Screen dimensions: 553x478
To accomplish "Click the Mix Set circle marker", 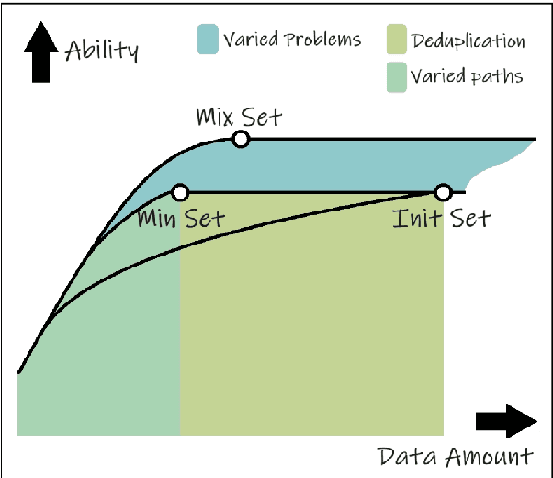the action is pos(241,140).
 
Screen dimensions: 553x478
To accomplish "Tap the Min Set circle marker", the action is pos(180,192).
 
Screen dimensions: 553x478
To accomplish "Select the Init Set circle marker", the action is pos(443,192).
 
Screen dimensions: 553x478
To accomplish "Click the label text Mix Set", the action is pos(239,118).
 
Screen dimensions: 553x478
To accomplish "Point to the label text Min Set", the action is pos(180,219).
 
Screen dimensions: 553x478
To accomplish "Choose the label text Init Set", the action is pos(441,219).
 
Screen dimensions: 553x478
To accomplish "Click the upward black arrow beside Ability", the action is pos(39,52).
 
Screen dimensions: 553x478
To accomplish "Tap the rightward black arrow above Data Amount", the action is pos(506,421).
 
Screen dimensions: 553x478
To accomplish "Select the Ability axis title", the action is pos(101,50).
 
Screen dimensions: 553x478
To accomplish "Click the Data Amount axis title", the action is pos(455,457).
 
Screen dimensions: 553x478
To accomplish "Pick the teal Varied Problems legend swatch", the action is pos(208,40).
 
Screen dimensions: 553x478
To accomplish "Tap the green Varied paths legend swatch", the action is pos(396,76).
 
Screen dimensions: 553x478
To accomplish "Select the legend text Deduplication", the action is pos(468,41).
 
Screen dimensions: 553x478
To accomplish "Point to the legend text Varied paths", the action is pos(467,76).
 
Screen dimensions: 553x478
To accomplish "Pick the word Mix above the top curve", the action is pos(215,118).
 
